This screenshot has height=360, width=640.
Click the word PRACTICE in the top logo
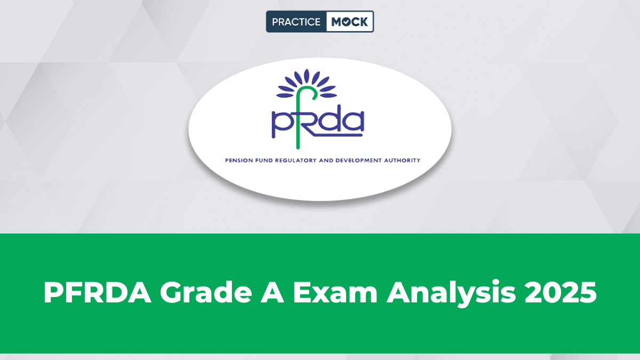[296, 22]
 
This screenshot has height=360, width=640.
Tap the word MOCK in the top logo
[349, 22]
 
